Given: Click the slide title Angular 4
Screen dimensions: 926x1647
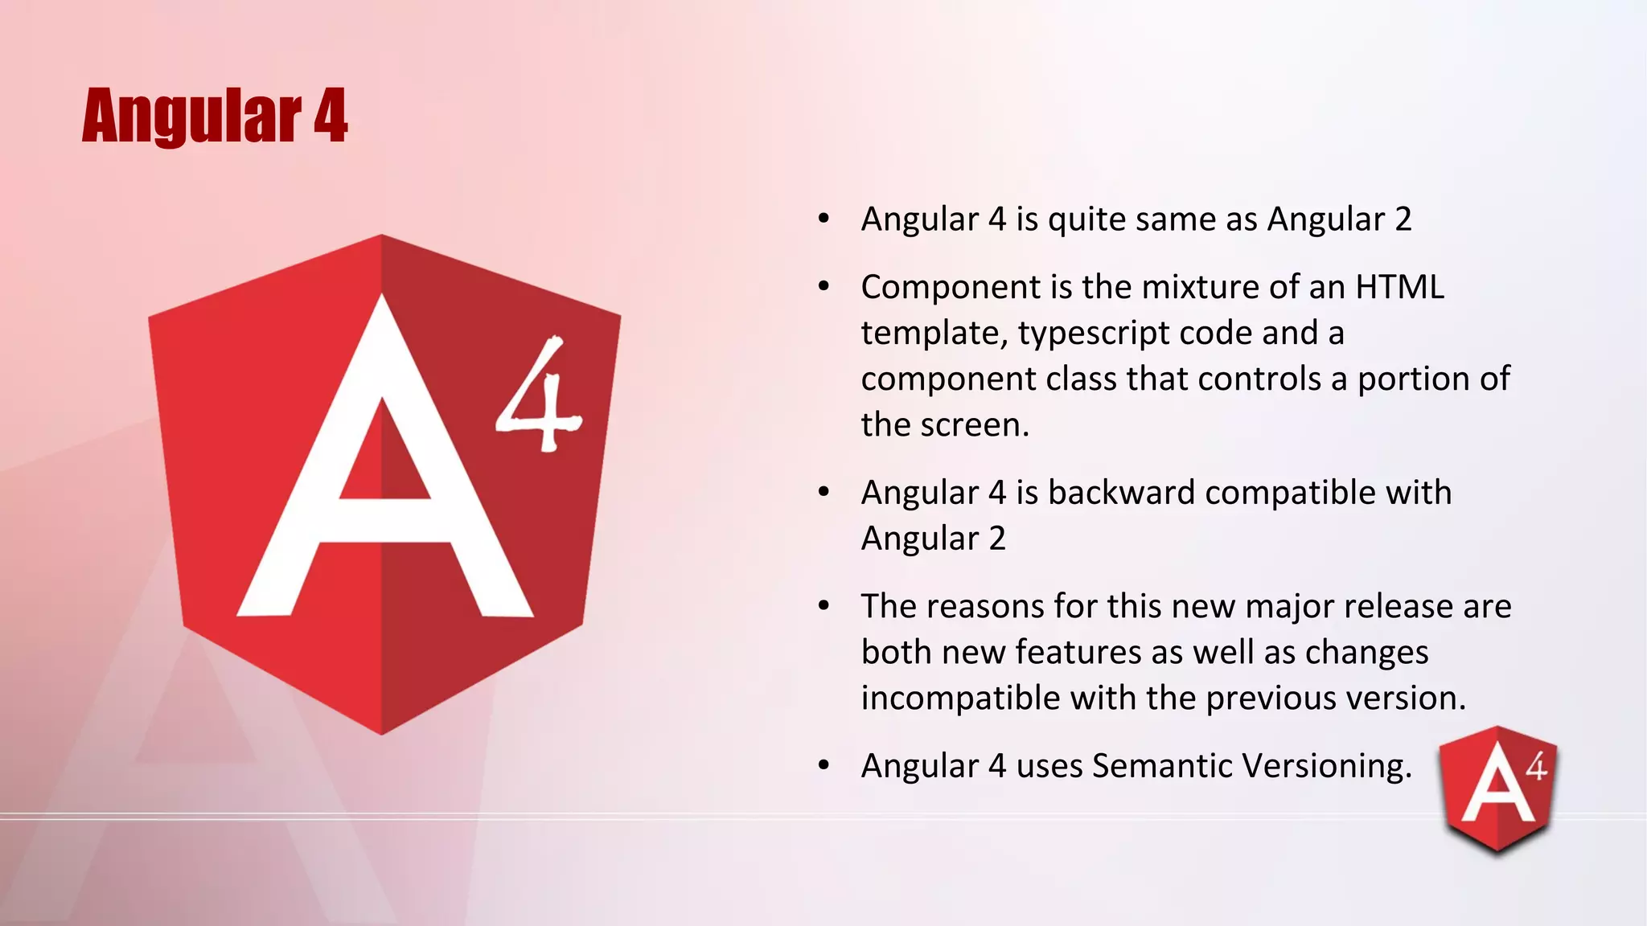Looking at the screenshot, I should pos(215,117).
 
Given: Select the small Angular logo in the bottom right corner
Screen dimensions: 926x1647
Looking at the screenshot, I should pos(1498,788).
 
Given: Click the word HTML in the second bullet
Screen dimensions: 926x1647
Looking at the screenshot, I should pos(1399,287).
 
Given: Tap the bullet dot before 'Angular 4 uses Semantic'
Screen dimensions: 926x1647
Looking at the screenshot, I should pos(823,766).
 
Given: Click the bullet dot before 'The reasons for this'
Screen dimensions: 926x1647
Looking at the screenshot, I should pos(823,606).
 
